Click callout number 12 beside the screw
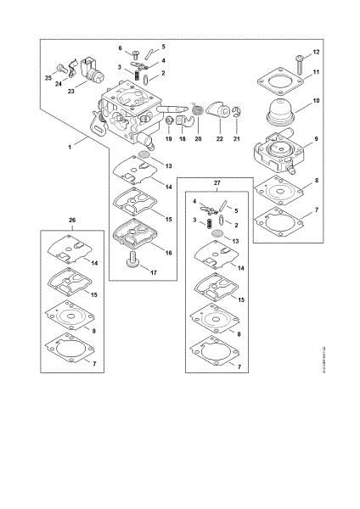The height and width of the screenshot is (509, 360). point(316,52)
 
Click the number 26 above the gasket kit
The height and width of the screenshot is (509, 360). point(72,221)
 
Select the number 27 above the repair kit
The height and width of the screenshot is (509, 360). point(217,182)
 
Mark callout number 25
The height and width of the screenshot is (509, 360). point(47,77)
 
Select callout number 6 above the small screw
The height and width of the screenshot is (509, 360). point(120,48)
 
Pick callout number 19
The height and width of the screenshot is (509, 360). point(168,139)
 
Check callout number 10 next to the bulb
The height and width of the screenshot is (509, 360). point(316,101)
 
